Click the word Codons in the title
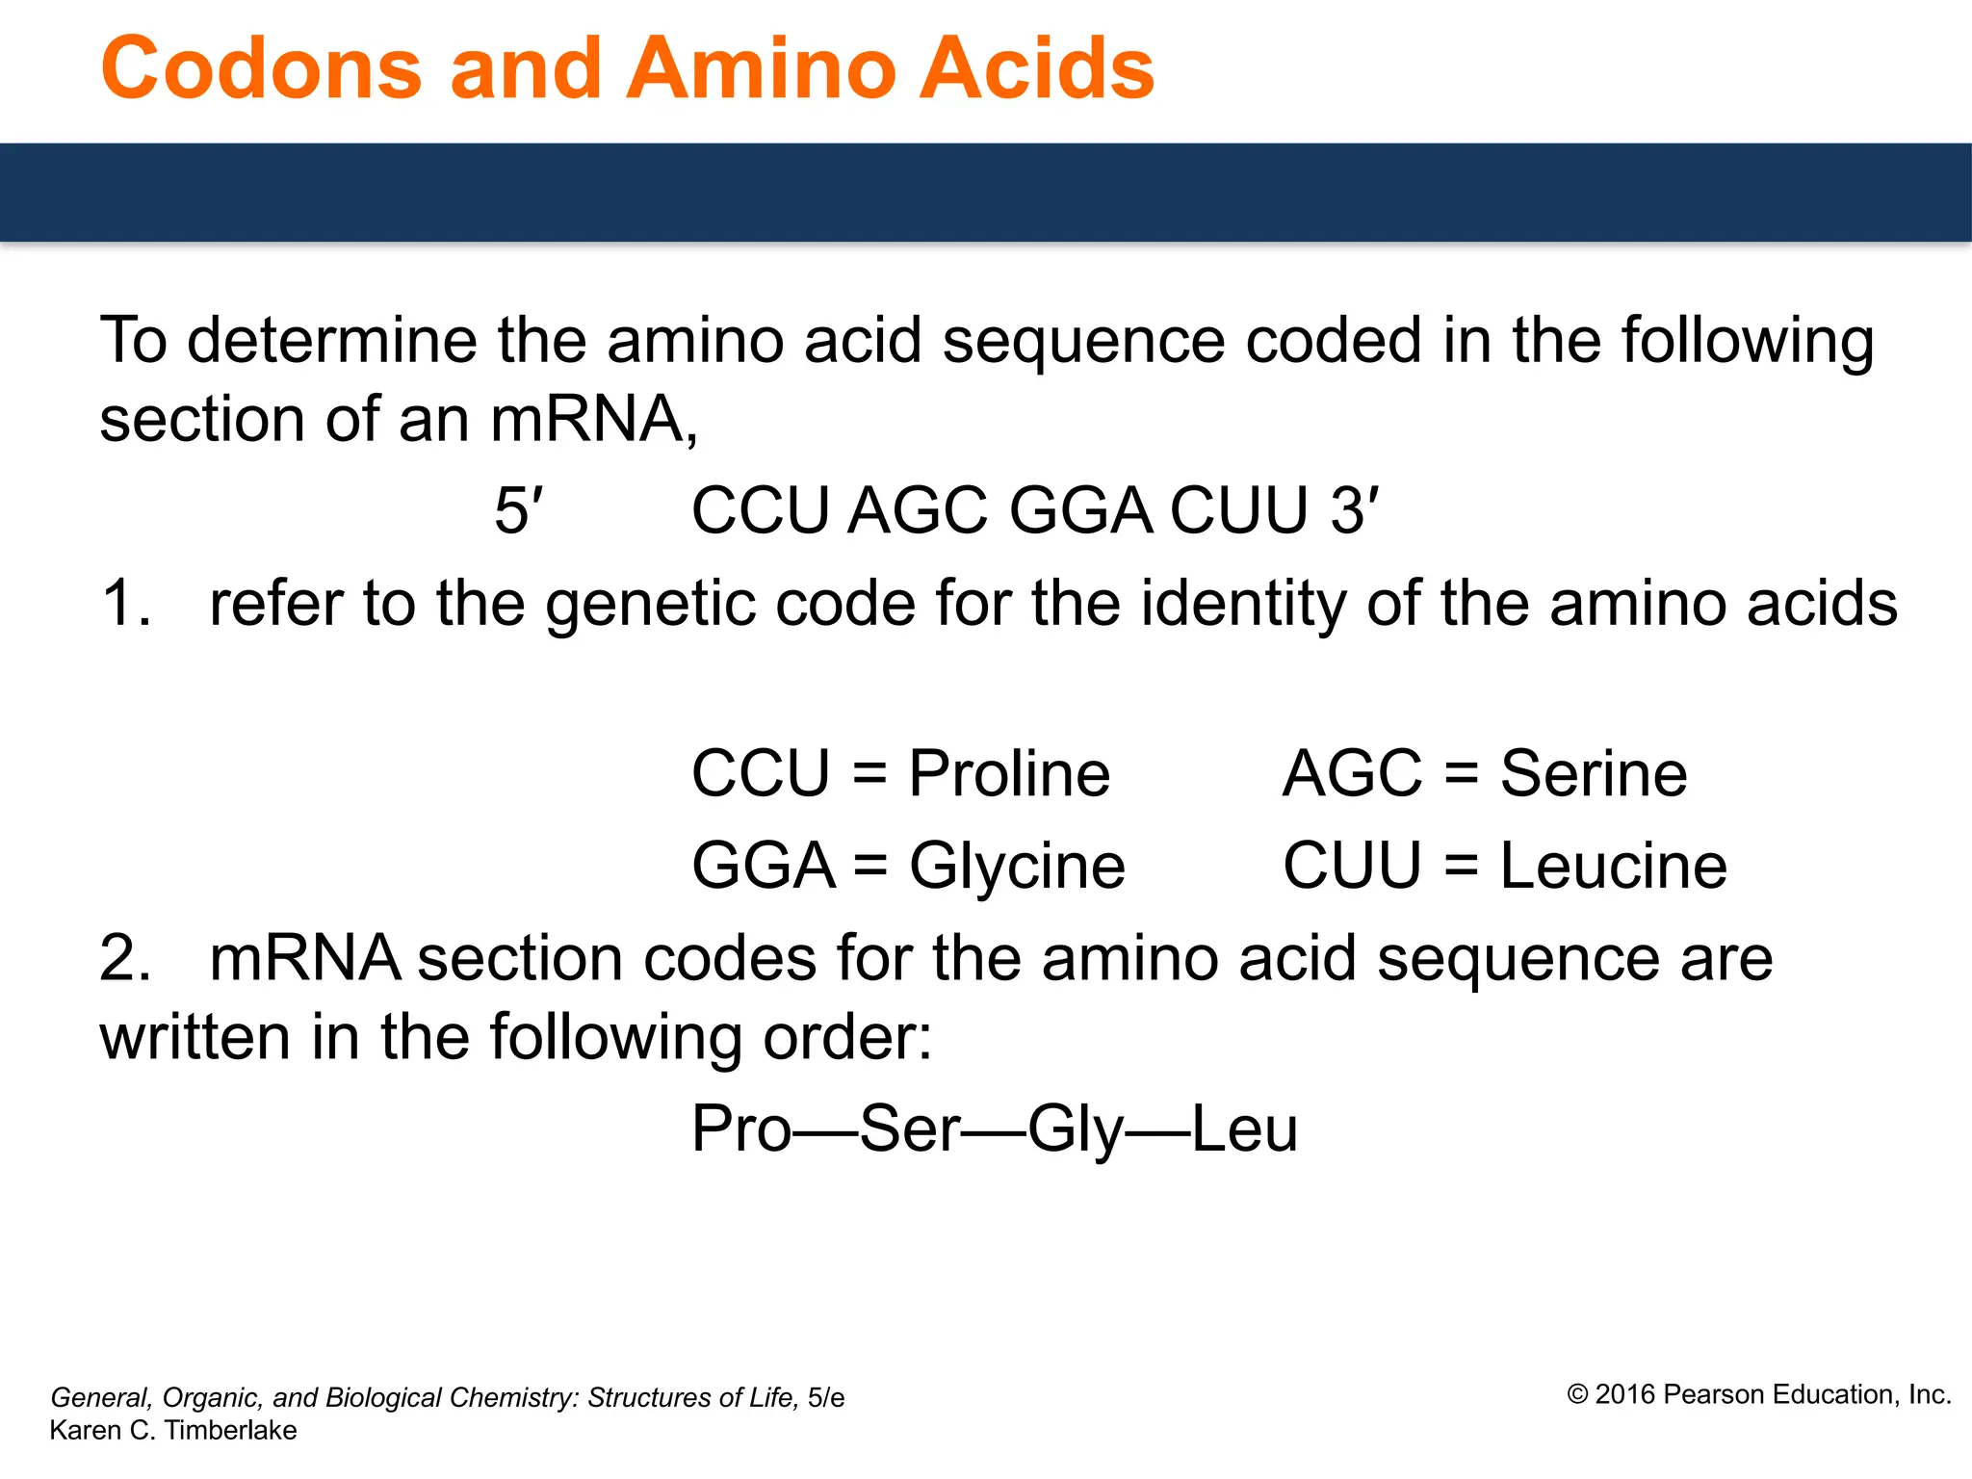pyautogui.click(x=261, y=68)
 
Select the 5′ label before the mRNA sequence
pyautogui.click(x=518, y=510)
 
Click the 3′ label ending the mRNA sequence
pyautogui.click(x=1354, y=510)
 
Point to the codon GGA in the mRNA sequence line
pyautogui.click(x=1080, y=510)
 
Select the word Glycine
pyautogui.click(x=1017, y=866)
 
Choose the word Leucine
pyautogui.click(x=1614, y=866)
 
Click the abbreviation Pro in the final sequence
pyautogui.click(x=740, y=1129)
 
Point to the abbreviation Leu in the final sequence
pyautogui.click(x=1245, y=1129)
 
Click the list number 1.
pyautogui.click(x=124, y=604)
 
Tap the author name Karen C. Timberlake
pyautogui.click(x=173, y=1431)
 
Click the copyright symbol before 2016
pyautogui.click(x=1577, y=1395)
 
